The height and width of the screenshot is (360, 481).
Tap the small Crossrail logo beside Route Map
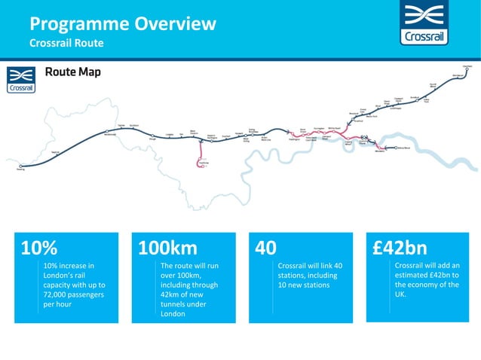tap(20, 79)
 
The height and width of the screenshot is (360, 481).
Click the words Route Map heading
tap(72, 73)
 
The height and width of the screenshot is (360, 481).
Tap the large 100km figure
tap(167, 248)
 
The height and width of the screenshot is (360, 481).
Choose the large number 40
tap(266, 248)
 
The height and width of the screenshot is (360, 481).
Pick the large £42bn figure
tap(400, 248)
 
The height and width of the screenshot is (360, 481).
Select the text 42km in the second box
tap(171, 294)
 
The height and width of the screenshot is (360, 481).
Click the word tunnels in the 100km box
tap(176, 304)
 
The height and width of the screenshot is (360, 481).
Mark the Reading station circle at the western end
tap(21, 166)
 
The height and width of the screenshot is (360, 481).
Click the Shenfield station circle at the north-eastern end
tap(466, 70)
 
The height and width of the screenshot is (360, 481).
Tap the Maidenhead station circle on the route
tap(107, 133)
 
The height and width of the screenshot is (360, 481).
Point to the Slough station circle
tap(152, 136)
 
